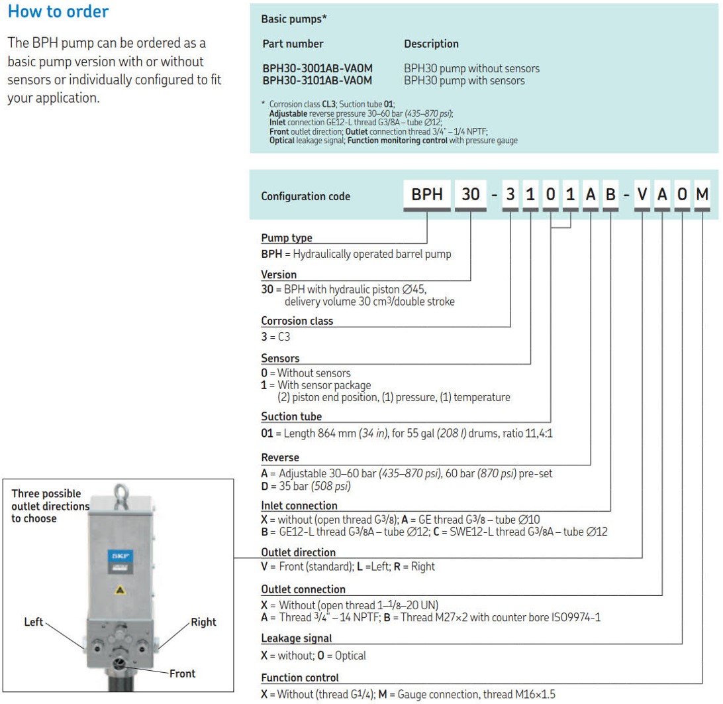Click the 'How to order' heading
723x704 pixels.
pos(58,12)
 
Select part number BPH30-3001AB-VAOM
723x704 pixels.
pos(317,68)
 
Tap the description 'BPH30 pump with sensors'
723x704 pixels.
pos(464,80)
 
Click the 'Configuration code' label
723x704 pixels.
pos(305,196)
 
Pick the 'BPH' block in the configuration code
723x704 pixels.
pos(427,195)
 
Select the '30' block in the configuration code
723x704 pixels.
pos(470,195)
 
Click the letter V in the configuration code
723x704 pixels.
pos(642,195)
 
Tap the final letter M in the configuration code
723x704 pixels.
pos(702,195)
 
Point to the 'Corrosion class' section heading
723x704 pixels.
pos(297,321)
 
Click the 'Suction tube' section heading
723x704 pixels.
pos(291,416)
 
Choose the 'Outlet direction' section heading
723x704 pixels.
pos(298,552)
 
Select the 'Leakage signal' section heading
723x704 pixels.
pos(297,638)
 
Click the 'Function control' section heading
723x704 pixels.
pos(300,677)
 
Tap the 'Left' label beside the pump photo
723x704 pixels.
pos(33,622)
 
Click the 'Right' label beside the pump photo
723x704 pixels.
pos(203,622)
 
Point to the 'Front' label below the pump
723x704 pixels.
pos(182,674)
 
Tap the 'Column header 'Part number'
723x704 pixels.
pos(293,44)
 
